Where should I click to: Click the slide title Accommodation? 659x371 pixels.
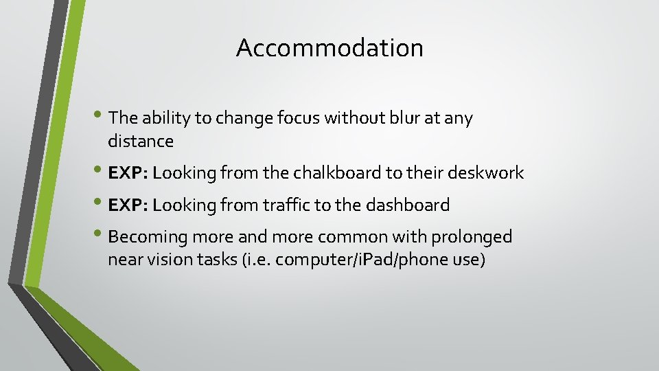click(329, 48)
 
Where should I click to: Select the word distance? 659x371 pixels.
click(141, 142)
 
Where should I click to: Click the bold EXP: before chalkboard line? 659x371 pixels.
click(128, 173)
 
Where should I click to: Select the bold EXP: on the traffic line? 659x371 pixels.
click(128, 205)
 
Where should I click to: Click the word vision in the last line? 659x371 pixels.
click(167, 260)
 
